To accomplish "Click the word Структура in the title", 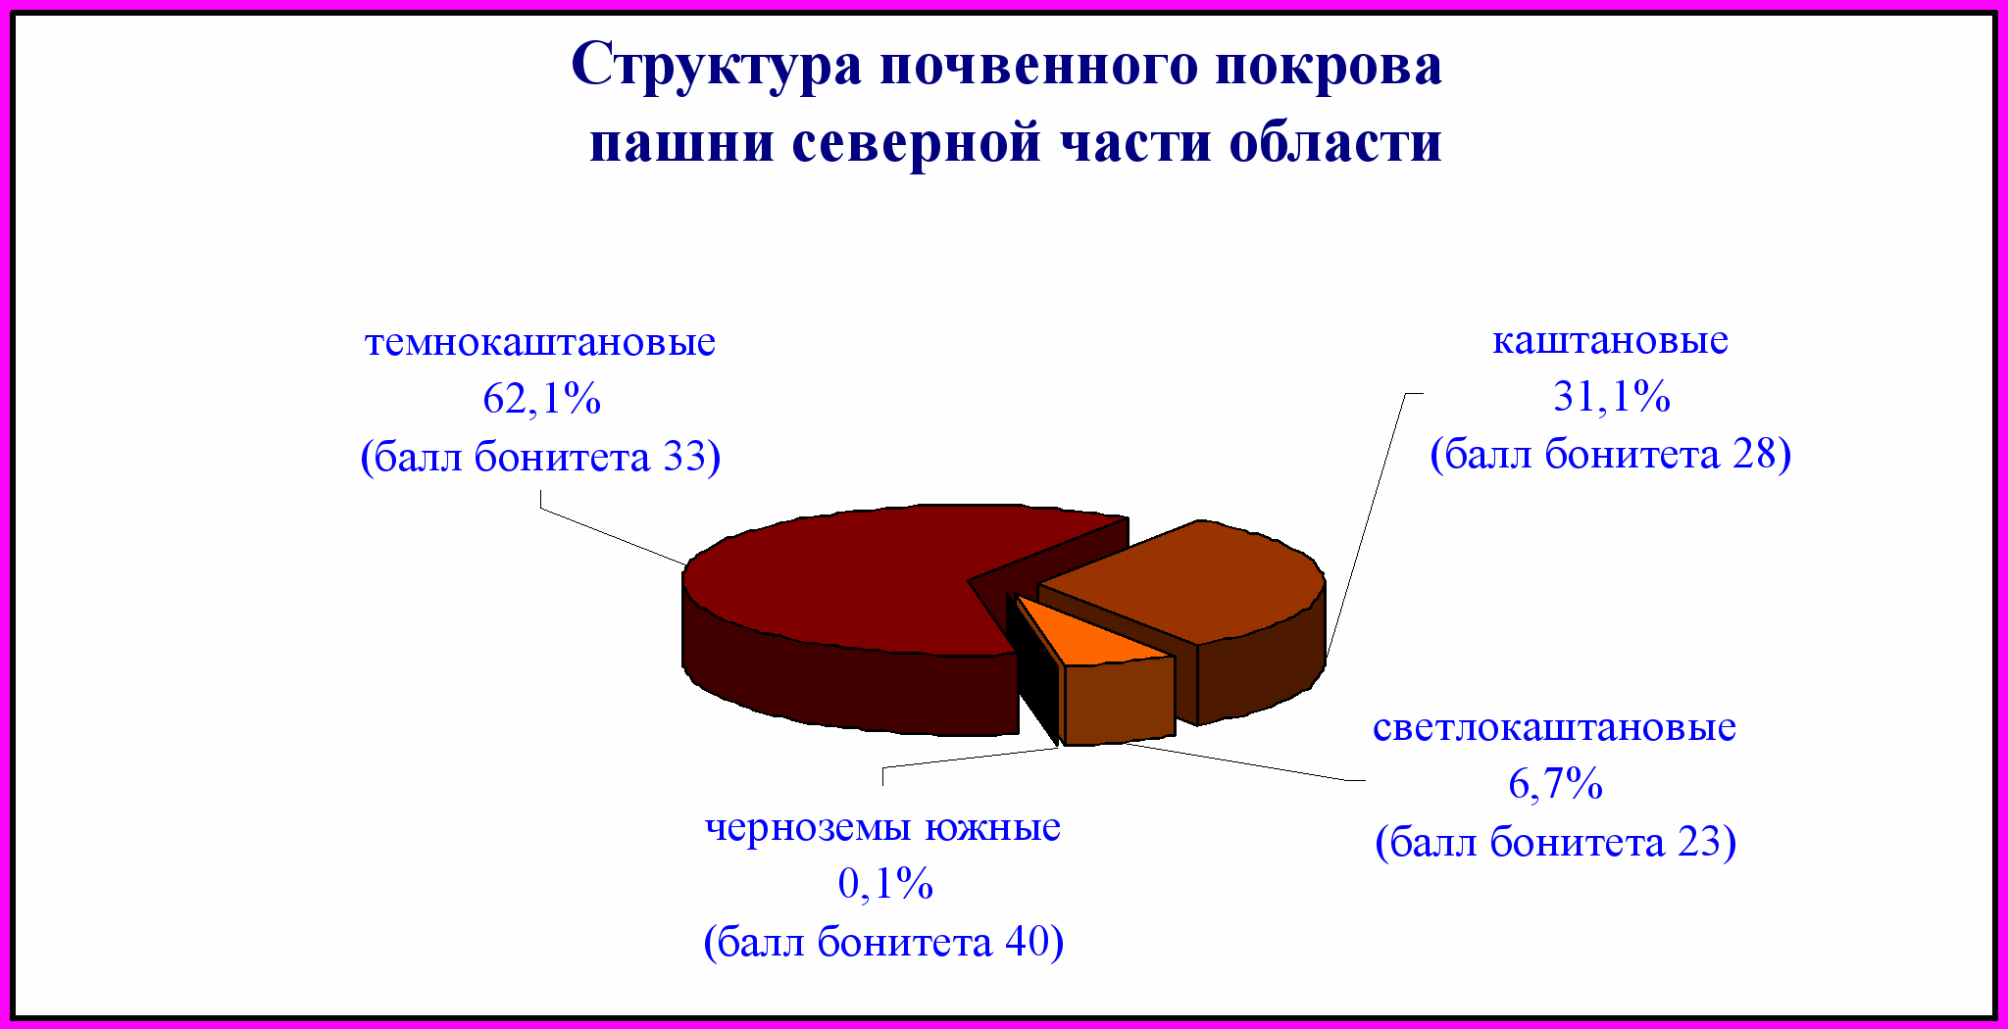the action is click(717, 67).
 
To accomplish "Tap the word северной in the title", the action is click(917, 143).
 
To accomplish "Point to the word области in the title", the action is click(1336, 143).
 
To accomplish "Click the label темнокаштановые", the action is click(540, 342).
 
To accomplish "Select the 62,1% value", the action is click(541, 399).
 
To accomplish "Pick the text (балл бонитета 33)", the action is click(541, 457).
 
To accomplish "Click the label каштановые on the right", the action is click(1610, 340).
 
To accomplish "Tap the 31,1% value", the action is click(1612, 397).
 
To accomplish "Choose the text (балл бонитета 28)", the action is click(1611, 455).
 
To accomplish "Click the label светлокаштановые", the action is click(1554, 727).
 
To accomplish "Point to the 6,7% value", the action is click(1556, 784).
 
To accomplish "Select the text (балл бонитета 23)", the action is click(1556, 842).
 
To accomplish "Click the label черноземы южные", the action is click(883, 827).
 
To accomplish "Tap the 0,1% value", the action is click(885, 884).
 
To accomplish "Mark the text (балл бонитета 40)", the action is click(884, 942).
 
